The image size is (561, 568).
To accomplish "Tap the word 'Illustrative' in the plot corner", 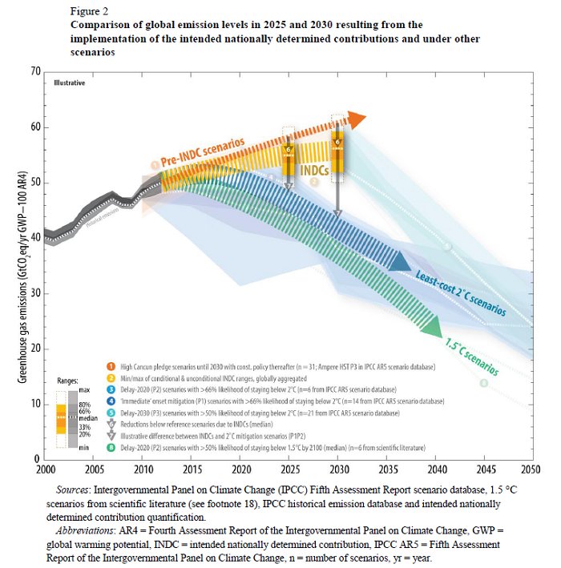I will click(69, 83).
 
